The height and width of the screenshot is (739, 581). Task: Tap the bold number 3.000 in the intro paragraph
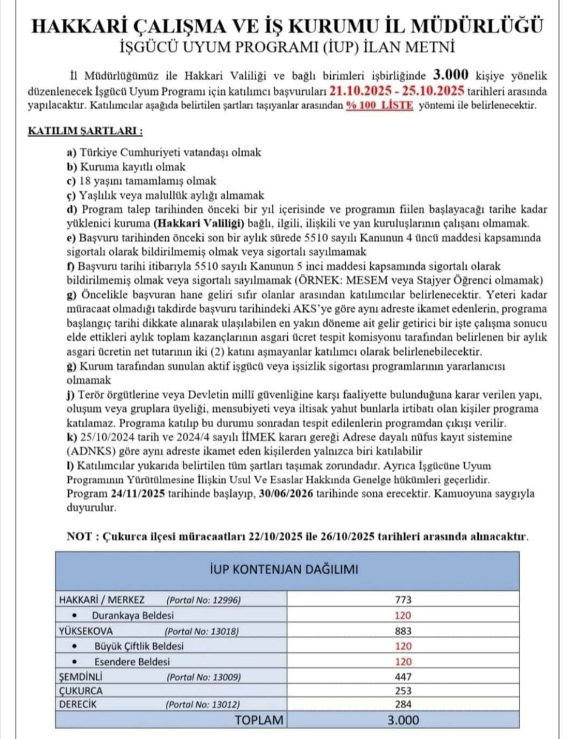click(x=451, y=75)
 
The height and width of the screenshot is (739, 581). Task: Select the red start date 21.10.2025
click(x=360, y=90)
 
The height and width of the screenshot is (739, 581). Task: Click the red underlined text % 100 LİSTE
click(x=379, y=105)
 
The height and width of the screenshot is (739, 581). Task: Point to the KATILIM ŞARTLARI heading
click(x=85, y=131)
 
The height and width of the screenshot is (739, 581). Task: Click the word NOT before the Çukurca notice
click(x=79, y=536)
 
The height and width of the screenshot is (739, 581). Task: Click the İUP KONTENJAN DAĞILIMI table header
click(x=284, y=569)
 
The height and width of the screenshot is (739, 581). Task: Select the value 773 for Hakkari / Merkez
click(x=403, y=600)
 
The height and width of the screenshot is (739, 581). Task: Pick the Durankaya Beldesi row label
click(x=132, y=615)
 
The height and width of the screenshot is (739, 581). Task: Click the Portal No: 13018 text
click(x=202, y=631)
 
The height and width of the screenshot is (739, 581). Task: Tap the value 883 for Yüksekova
click(x=403, y=631)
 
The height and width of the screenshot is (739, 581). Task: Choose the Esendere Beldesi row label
click(x=132, y=662)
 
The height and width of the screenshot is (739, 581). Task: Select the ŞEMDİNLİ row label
click(x=80, y=677)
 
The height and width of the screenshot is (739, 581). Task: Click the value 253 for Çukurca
click(x=403, y=691)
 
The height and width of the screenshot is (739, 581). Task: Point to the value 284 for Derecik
click(x=403, y=704)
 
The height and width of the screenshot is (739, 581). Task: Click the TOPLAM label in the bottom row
click(x=259, y=720)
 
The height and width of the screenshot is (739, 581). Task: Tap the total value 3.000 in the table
click(x=403, y=720)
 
